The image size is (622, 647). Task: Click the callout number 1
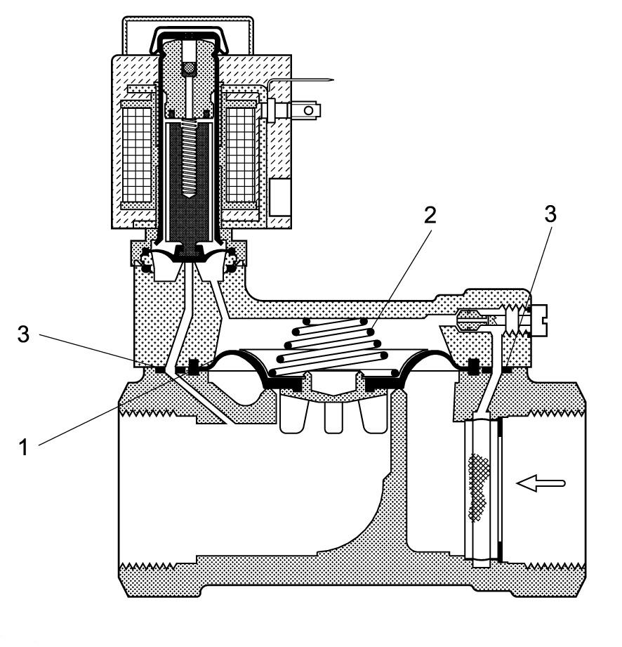click(x=24, y=447)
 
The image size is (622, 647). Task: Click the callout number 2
click(x=430, y=215)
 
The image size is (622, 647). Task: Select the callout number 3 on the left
click(x=23, y=334)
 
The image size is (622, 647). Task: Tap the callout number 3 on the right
click(x=550, y=214)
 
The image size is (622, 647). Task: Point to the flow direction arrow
click(x=541, y=483)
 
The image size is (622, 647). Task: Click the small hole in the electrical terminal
click(x=308, y=110)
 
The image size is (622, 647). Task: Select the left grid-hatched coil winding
click(x=137, y=155)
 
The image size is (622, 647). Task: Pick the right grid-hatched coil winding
click(x=241, y=155)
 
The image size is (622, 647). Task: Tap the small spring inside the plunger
click(x=189, y=158)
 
